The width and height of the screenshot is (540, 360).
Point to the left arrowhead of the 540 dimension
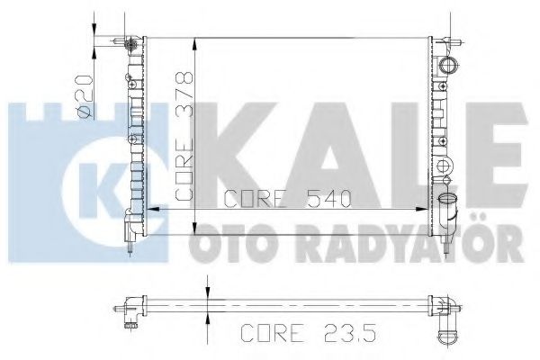(x=149, y=209)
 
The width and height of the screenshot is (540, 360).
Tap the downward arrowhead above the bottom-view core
(x=207, y=292)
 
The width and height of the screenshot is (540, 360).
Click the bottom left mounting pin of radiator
(x=133, y=242)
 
